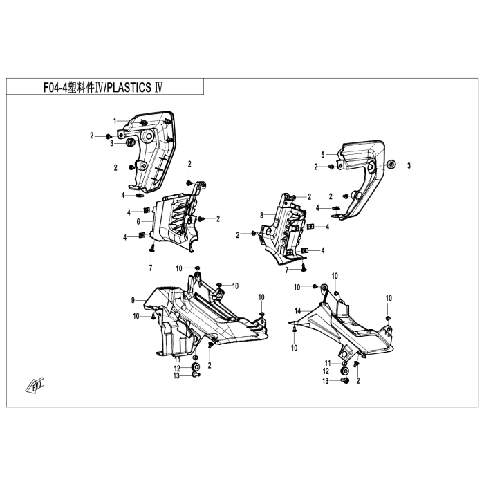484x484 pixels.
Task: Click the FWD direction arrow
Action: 35,384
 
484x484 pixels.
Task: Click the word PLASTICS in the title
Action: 130,88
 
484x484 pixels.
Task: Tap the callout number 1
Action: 115,121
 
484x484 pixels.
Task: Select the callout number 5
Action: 323,155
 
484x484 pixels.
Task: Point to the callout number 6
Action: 138,221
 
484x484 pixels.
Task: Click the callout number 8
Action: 262,215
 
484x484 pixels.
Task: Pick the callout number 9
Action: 133,300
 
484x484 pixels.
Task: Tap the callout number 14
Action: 297,311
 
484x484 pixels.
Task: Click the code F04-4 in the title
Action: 55,88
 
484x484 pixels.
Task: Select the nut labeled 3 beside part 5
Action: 391,165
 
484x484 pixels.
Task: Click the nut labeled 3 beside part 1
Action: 131,142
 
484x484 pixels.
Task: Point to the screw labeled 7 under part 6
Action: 151,248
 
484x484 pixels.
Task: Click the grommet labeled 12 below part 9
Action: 196,367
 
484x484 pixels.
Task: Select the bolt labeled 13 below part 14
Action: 345,380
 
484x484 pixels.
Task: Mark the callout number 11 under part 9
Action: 177,360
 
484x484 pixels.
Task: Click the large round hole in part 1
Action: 147,136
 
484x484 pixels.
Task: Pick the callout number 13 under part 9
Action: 176,376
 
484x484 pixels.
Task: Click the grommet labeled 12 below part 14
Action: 344,371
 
